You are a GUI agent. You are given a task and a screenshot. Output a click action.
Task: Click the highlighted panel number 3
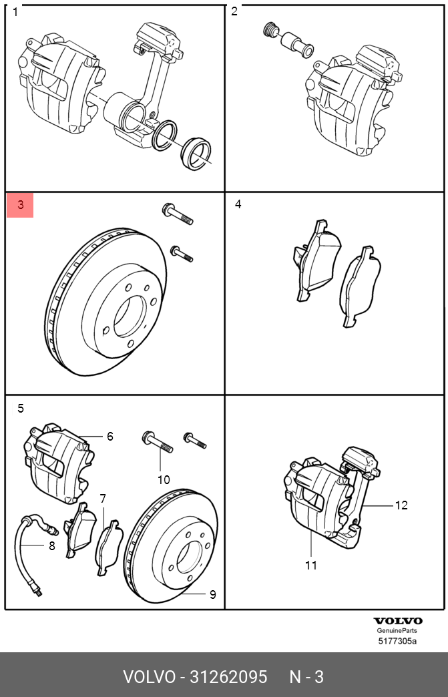(x=20, y=206)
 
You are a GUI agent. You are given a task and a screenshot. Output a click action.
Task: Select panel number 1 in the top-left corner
(x=15, y=12)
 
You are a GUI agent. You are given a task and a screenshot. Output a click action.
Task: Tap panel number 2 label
(x=234, y=12)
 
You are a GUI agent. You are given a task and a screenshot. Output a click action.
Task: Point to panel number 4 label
(x=238, y=204)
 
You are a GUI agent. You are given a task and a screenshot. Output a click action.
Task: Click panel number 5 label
(x=21, y=409)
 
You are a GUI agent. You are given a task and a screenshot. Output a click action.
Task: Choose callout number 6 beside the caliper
(x=110, y=437)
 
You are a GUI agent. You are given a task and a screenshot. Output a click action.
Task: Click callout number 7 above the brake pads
(x=103, y=499)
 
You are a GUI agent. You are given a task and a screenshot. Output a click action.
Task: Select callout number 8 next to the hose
(x=51, y=545)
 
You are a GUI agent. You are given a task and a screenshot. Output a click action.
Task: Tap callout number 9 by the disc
(x=212, y=594)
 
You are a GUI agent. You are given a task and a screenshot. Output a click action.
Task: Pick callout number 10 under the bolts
(x=164, y=479)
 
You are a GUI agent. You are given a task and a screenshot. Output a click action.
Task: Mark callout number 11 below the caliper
(x=311, y=565)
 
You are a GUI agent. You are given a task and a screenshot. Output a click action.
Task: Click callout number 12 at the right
(x=401, y=505)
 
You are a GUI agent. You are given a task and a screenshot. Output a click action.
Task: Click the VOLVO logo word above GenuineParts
(x=397, y=621)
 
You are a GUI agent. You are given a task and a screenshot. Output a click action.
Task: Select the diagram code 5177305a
(x=397, y=642)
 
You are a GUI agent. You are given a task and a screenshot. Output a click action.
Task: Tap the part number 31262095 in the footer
(x=228, y=677)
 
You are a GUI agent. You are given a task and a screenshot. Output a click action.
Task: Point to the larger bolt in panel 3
(x=178, y=214)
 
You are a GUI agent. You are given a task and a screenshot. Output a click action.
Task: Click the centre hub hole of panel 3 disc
(x=128, y=316)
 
